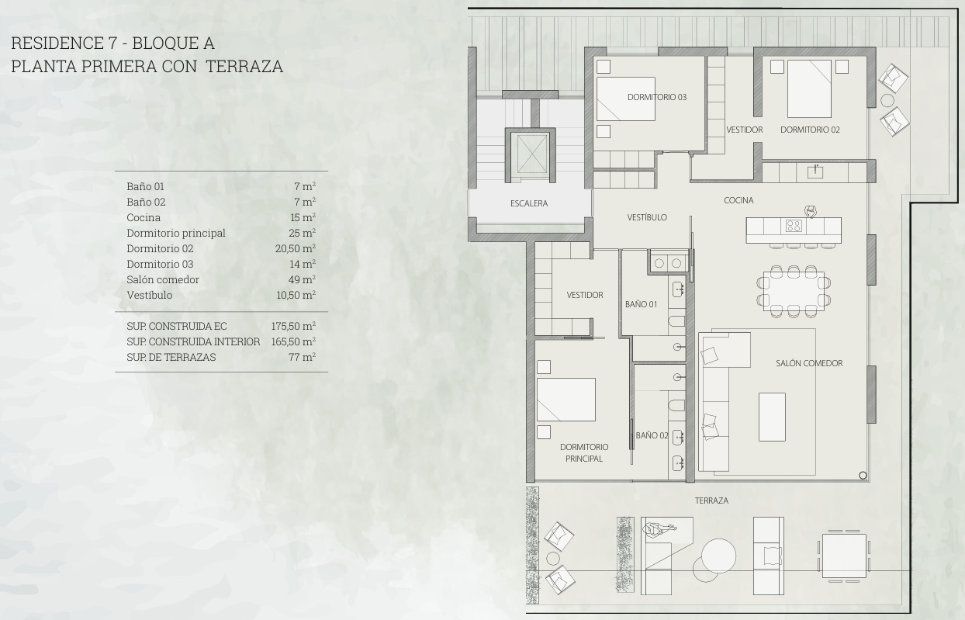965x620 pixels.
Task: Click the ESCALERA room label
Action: [x=529, y=203]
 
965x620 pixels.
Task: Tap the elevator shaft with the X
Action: [x=532, y=154]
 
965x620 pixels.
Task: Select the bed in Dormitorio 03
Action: [x=625, y=99]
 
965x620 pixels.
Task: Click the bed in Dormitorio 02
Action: [x=810, y=88]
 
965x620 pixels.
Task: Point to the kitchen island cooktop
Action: [x=794, y=225]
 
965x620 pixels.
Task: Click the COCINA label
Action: [x=738, y=200]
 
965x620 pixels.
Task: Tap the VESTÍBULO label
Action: [x=647, y=217]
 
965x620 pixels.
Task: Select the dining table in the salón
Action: [x=794, y=291]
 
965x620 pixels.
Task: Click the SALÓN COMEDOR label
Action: [x=809, y=363]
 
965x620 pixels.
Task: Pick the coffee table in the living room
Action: [x=772, y=417]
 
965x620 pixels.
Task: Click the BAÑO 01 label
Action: [x=641, y=304]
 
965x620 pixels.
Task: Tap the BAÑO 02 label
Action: [x=652, y=435]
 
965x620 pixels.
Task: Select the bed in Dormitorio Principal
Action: [x=566, y=400]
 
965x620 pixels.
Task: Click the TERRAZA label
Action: [x=711, y=501]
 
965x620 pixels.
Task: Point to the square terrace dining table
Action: [x=844, y=556]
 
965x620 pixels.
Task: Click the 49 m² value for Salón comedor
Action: [x=302, y=279]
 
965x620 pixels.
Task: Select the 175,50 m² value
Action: [x=293, y=326]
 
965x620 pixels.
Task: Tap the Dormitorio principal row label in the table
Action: [x=176, y=233]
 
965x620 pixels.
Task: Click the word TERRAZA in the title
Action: [x=244, y=67]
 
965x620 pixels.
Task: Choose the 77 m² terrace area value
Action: [x=302, y=357]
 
